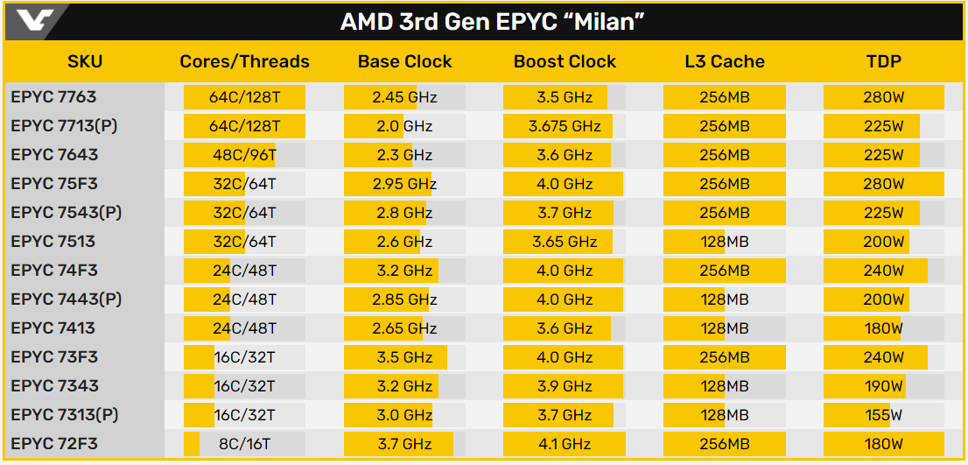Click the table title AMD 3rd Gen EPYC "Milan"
[487, 21]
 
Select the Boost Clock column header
[565, 61]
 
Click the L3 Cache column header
[725, 61]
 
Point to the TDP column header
[884, 61]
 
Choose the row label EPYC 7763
[53, 97]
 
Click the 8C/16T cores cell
[244, 444]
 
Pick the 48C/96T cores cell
[244, 155]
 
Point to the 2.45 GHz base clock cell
[405, 97]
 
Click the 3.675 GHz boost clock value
[565, 126]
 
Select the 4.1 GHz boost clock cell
[565, 444]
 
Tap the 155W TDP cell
[884, 415]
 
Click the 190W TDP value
[884, 386]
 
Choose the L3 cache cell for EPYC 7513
[725, 242]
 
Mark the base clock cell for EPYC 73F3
[405, 357]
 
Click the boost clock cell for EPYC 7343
[565, 386]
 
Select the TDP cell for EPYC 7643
[884, 155]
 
